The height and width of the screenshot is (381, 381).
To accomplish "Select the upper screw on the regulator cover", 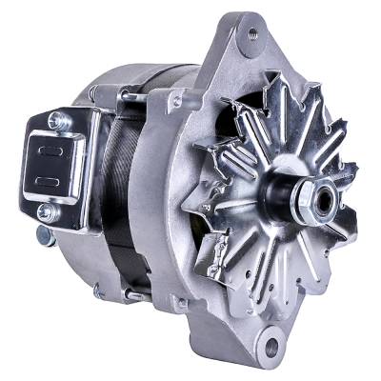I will (x=53, y=119).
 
